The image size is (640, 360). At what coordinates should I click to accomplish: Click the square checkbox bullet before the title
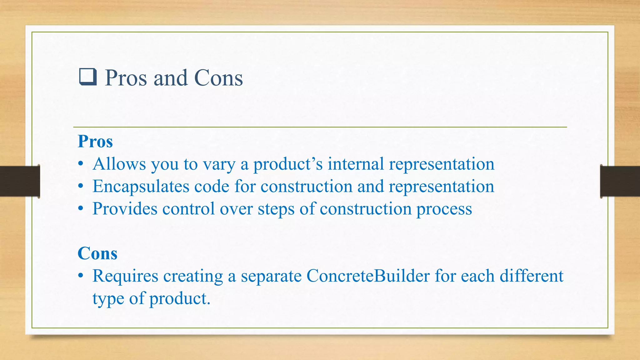[x=88, y=77]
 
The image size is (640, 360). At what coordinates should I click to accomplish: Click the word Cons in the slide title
[x=218, y=78]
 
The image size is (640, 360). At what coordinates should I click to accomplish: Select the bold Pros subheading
[x=95, y=141]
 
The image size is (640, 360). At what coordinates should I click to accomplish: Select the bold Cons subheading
[x=97, y=253]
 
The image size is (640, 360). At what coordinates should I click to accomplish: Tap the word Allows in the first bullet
[x=119, y=164]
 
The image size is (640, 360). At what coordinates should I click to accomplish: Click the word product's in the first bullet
[x=287, y=164]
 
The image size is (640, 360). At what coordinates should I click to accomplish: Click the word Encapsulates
[x=141, y=187]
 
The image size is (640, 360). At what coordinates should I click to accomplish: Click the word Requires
[x=125, y=276]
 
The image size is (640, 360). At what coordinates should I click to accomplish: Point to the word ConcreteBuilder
[x=368, y=276]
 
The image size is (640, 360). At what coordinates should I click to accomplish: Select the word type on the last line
[x=108, y=299]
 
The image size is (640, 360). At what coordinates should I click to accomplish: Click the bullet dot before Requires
[x=81, y=276]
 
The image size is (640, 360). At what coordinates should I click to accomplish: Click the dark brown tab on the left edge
[x=20, y=181]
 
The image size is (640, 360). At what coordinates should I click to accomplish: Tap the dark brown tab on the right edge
[x=620, y=181]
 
